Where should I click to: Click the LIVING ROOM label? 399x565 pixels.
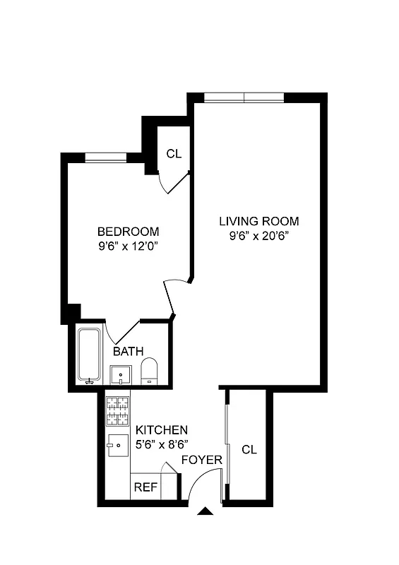pyautogui.click(x=258, y=221)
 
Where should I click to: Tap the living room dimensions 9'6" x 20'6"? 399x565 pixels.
pyautogui.click(x=258, y=237)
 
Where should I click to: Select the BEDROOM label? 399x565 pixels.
pyautogui.click(x=128, y=232)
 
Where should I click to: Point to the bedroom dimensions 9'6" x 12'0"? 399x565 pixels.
pyautogui.click(x=128, y=246)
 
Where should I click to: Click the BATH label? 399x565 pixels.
pyautogui.click(x=128, y=351)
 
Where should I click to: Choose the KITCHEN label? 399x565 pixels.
pyautogui.click(x=162, y=429)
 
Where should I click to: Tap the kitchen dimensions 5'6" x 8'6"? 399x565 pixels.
pyautogui.click(x=162, y=444)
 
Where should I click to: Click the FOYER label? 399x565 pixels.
pyautogui.click(x=202, y=460)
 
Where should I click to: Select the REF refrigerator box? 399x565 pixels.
pyautogui.click(x=145, y=487)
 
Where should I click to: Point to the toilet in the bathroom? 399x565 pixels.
pyautogui.click(x=149, y=371)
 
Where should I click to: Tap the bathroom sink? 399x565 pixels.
pyautogui.click(x=121, y=374)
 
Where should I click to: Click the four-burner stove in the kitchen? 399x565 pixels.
pyautogui.click(x=117, y=411)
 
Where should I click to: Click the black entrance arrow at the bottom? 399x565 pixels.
pyautogui.click(x=206, y=512)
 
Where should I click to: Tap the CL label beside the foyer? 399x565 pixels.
pyautogui.click(x=249, y=449)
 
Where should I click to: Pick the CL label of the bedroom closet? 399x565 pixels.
pyautogui.click(x=174, y=153)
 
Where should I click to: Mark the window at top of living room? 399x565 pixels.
pyautogui.click(x=244, y=97)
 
